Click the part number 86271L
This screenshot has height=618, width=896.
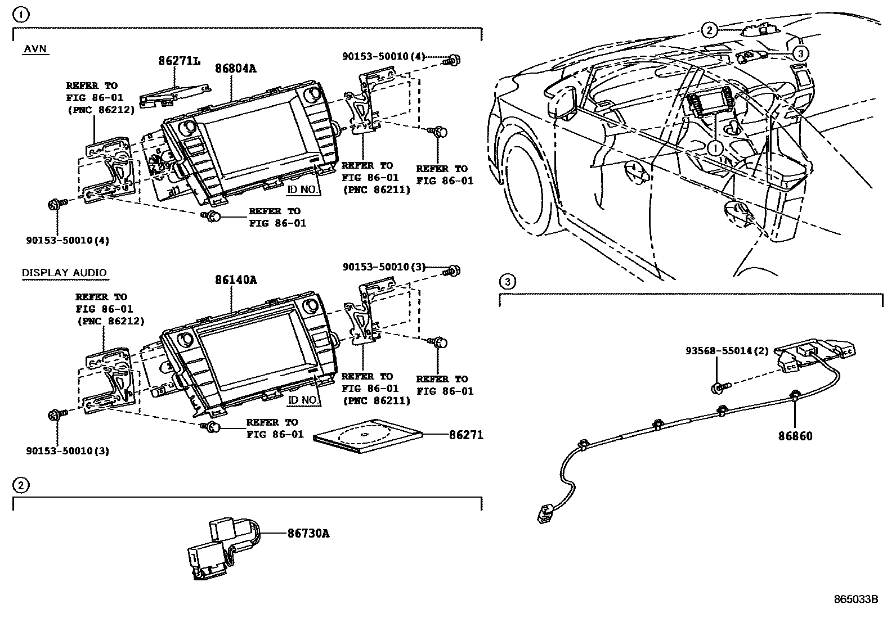[178, 61]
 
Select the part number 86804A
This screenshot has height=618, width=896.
[235, 69]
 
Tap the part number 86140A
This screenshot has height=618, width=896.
[235, 279]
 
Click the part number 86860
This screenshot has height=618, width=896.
[795, 436]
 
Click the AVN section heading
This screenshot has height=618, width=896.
[35, 49]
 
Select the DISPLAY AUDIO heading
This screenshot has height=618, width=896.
[64, 273]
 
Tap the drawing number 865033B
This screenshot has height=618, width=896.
[855, 599]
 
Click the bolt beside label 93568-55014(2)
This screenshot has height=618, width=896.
[721, 387]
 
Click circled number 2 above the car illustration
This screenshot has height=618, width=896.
[709, 30]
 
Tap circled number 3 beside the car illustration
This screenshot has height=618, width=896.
[800, 53]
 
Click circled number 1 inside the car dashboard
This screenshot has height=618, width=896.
[714, 148]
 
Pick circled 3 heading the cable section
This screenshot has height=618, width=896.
[507, 281]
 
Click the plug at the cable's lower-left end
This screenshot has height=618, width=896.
[543, 512]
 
